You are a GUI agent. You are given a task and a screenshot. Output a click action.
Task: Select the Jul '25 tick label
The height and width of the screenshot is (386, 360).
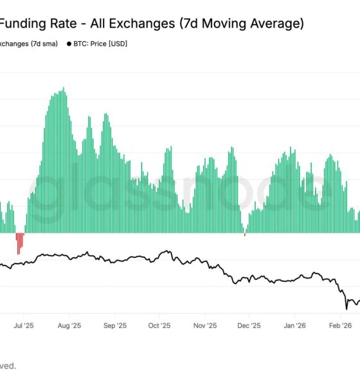point(24,325)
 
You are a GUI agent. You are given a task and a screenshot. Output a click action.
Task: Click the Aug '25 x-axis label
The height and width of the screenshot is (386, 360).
point(69,325)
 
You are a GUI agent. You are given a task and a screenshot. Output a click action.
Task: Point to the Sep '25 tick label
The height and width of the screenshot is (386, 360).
point(114,325)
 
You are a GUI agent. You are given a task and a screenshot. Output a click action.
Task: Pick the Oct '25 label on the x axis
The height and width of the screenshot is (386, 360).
point(159,325)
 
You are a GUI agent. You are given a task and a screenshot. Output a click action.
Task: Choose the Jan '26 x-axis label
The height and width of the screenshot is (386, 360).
point(294,325)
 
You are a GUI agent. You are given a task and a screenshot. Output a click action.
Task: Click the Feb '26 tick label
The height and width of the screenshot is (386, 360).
point(339,325)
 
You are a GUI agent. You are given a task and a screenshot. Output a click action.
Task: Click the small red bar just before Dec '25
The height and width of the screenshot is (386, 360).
point(245,235)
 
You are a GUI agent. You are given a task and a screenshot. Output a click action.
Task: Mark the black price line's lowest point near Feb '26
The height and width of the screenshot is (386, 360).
point(346,308)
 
